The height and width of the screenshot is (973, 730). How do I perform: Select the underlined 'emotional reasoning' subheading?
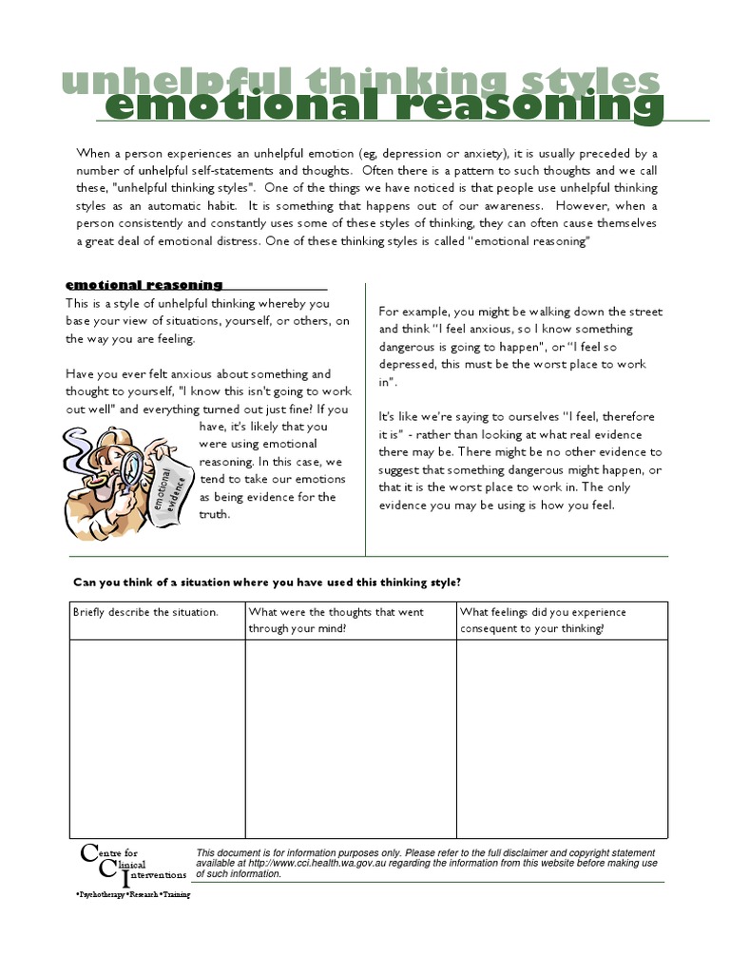click(144, 285)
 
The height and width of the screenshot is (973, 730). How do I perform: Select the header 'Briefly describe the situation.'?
click(145, 612)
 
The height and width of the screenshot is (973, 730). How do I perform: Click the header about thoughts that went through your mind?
click(336, 620)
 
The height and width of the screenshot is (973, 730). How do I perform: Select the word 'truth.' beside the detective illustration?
click(214, 514)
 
